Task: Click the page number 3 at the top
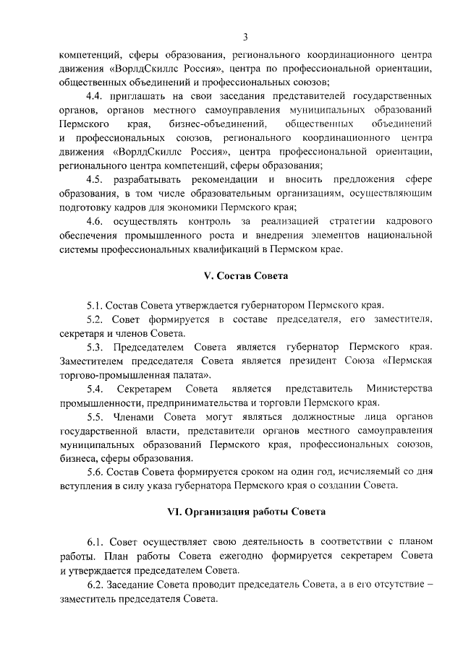(245, 37)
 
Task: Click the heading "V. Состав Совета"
(245, 276)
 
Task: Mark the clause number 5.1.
(94, 305)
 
